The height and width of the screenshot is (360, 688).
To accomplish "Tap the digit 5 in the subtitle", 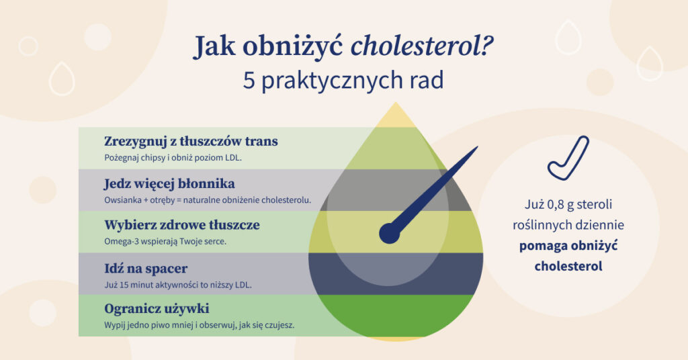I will coord(251,81).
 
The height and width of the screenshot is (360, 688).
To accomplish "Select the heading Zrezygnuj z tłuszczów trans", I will coord(191,142).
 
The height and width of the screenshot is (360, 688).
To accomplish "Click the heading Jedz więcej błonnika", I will coord(169,183).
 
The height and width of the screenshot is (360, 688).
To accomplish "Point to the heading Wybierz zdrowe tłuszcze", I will coord(181,225).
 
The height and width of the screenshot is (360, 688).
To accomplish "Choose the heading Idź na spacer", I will coord(146,268).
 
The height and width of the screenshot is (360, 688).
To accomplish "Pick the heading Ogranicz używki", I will coord(157,309).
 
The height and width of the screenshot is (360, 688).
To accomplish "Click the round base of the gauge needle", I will coord(389,233).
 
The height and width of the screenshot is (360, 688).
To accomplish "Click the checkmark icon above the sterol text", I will coord(567,158).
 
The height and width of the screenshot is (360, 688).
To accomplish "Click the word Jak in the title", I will coord(216,48).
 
